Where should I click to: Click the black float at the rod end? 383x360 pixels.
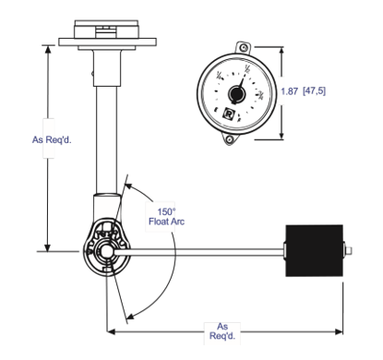coord(314,249)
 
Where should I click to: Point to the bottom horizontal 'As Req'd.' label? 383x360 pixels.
coord(223,330)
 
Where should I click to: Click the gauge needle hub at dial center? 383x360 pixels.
coord(236,93)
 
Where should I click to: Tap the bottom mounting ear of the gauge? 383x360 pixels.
coord(227,139)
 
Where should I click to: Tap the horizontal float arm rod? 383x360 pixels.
coord(203,249)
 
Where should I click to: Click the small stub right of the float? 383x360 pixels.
coord(347,249)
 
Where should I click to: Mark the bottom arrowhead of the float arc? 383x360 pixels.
coord(130,313)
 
